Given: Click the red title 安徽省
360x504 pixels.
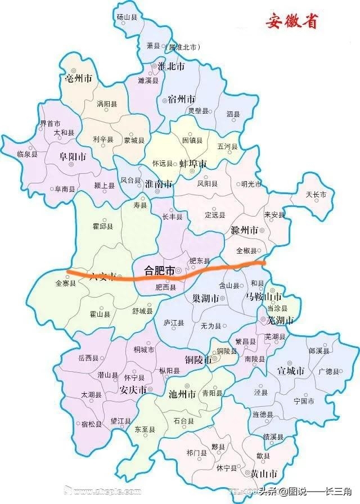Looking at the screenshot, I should click(292, 22).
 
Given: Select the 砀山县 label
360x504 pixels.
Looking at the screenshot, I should click(127, 17).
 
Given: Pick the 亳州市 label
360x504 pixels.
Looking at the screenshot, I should click(79, 79).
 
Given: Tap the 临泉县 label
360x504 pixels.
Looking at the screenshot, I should click(27, 154).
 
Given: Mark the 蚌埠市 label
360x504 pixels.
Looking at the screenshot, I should click(193, 164).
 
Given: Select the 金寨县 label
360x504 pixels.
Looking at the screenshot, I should click(66, 283).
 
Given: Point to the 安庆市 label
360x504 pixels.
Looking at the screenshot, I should click(134, 389).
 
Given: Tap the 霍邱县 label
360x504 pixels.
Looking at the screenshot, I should click(102, 226).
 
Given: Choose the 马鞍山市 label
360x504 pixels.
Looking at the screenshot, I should click(263, 296).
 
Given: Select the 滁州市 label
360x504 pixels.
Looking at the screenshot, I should click(244, 231).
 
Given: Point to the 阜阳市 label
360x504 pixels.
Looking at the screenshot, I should click(73, 156).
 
